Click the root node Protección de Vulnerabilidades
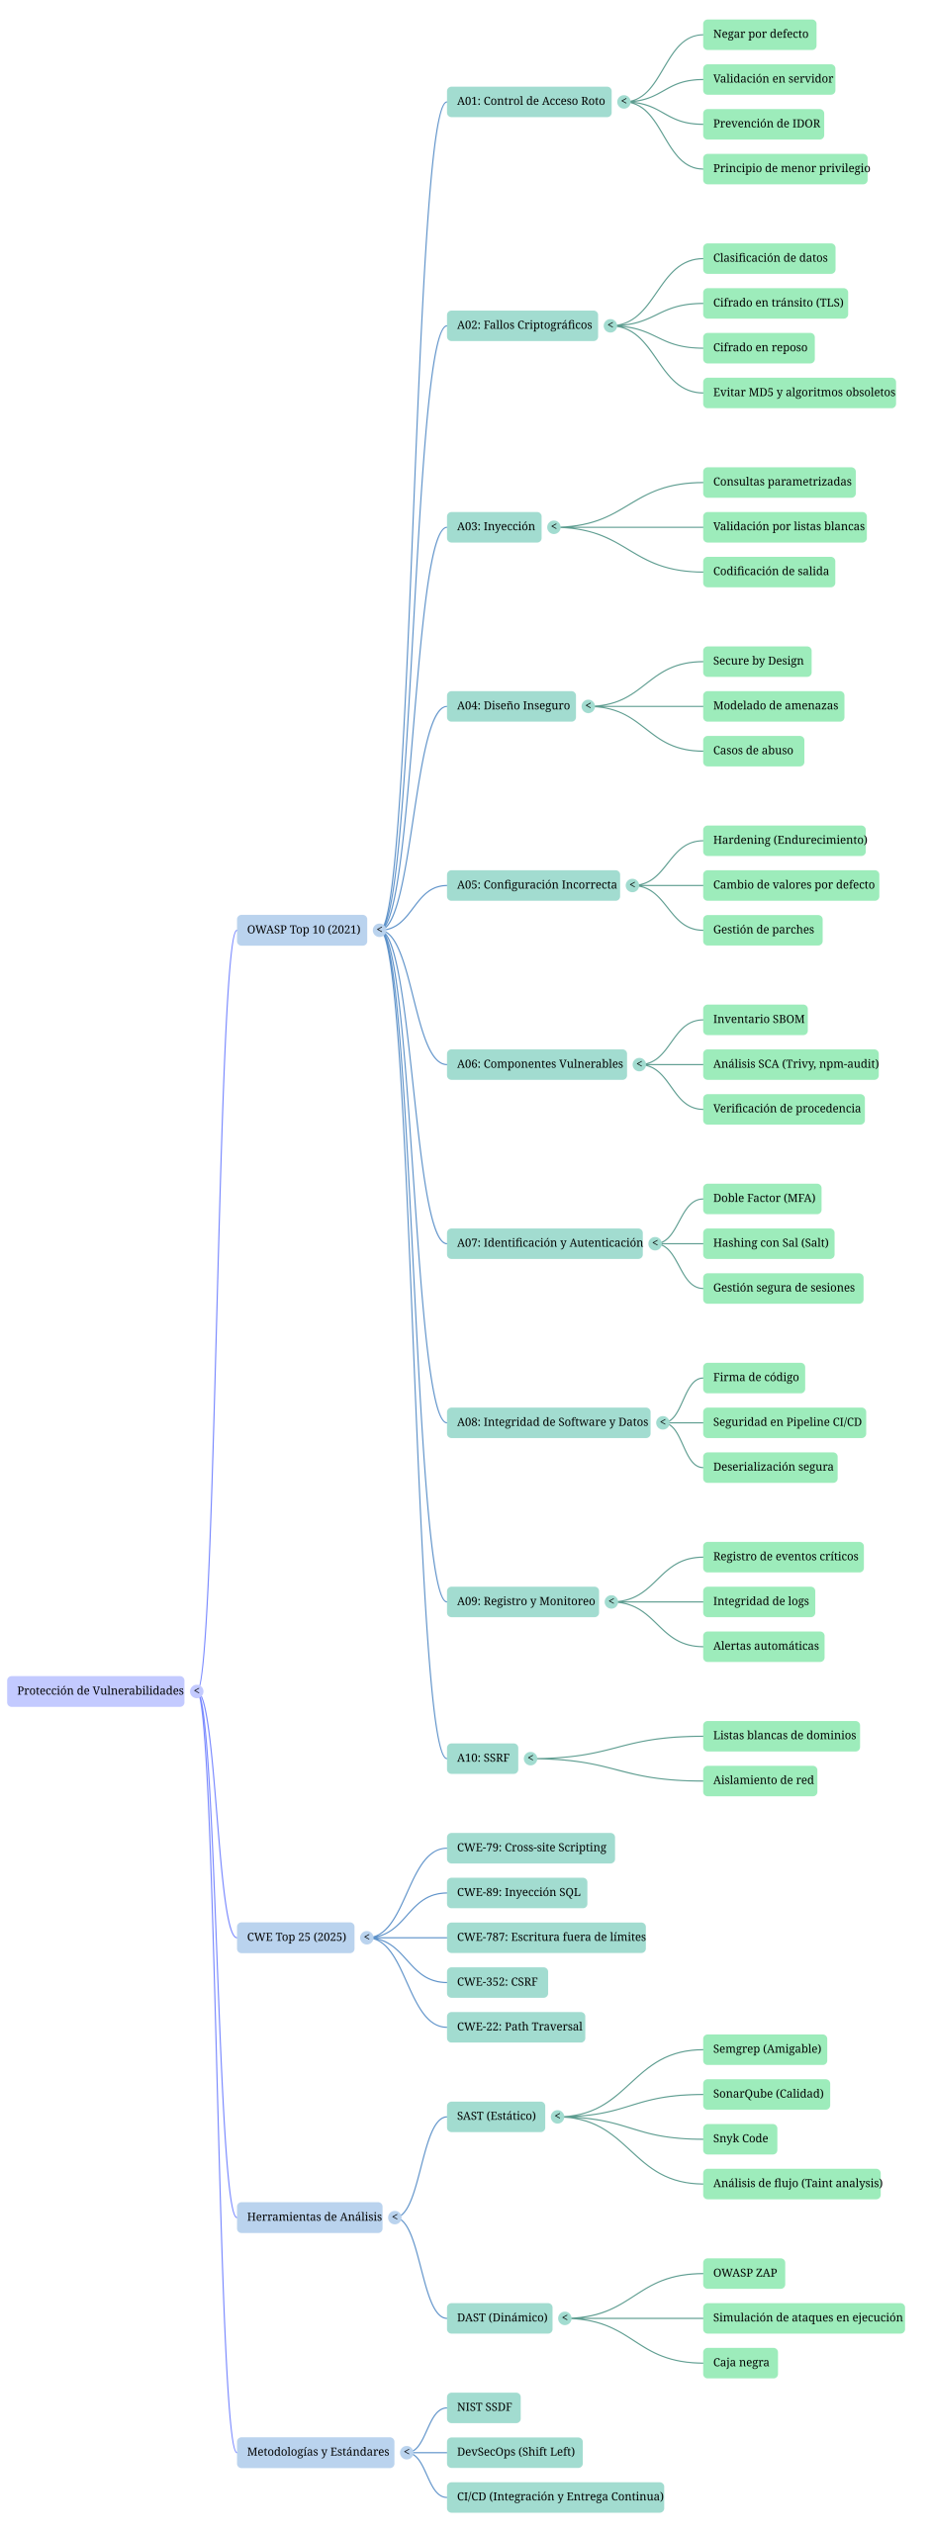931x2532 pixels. pyautogui.click(x=96, y=1690)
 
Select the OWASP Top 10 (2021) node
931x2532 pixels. pyautogui.click(x=302, y=930)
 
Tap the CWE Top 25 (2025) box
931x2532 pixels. pyautogui.click(x=296, y=1937)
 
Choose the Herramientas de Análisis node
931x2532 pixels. pyautogui.click(x=310, y=2216)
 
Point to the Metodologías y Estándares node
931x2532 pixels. pyautogui.click(x=316, y=2452)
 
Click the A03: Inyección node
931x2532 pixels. pyautogui.click(x=495, y=527)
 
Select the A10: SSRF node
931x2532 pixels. pyautogui.click(x=483, y=1758)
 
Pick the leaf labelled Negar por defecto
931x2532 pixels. pyautogui.click(x=760, y=35)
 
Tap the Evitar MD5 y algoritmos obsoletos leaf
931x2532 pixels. pyautogui.click(x=799, y=393)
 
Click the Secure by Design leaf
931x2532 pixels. pyautogui.click(x=757, y=662)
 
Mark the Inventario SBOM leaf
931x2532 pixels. pyautogui.click(x=758, y=1020)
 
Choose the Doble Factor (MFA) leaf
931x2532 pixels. pyautogui.click(x=763, y=1199)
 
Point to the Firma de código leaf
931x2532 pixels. pyautogui.click(x=754, y=1378)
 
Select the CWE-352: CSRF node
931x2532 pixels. pyautogui.click(x=498, y=1982)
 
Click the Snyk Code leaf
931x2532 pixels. pyautogui.click(x=740, y=2138)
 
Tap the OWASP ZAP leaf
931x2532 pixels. pyautogui.click(x=744, y=2273)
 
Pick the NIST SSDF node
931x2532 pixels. pyautogui.click(x=484, y=2407)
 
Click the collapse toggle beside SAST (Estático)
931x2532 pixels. pyautogui.click(x=558, y=2117)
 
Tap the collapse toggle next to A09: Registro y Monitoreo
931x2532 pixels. pyautogui.click(x=611, y=1601)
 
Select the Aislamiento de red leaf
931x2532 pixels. pyautogui.click(x=760, y=1780)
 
